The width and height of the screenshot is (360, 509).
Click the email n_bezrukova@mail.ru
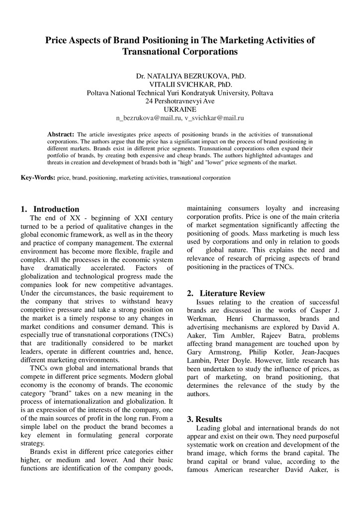(148, 118)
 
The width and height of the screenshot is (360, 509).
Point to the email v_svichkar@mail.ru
(214, 118)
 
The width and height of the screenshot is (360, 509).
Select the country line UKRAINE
(180, 109)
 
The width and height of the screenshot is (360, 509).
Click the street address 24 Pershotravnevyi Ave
(180, 101)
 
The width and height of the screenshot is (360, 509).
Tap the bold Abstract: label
(60, 134)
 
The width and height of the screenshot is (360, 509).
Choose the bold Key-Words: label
(38, 177)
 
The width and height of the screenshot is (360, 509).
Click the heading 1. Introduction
(50, 209)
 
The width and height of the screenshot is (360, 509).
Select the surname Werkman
(201, 319)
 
